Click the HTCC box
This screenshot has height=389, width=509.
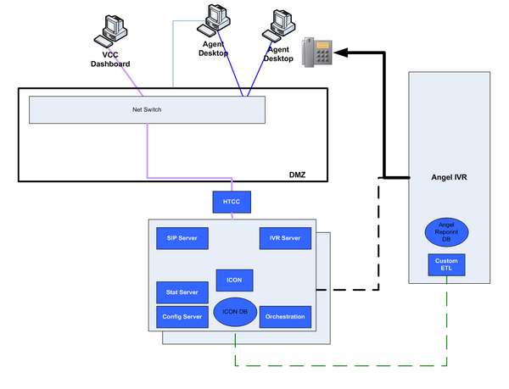pyautogui.click(x=232, y=202)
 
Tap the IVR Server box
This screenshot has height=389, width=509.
pyautogui.click(x=280, y=238)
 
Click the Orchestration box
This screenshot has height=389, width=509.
pyautogui.click(x=284, y=317)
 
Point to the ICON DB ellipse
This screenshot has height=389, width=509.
pyautogui.click(x=234, y=312)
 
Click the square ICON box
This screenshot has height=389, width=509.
pyautogui.click(x=234, y=279)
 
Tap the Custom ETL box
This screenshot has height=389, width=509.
pyautogui.click(x=446, y=264)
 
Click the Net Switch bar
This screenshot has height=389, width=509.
pyautogui.click(x=147, y=109)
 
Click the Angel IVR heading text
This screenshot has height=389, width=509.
pyautogui.click(x=445, y=178)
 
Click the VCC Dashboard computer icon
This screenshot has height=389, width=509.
pyautogui.click(x=114, y=30)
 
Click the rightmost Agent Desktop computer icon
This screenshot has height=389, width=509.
pyautogui.click(x=281, y=27)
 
